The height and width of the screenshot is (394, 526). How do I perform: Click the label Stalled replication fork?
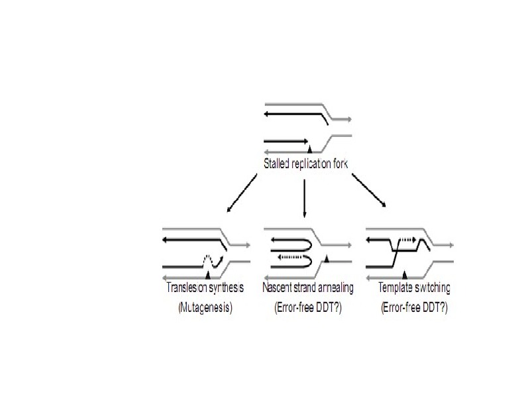coord(304,164)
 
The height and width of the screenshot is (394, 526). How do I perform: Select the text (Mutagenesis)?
coord(205,309)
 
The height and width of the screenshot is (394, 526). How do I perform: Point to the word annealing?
coord(335,288)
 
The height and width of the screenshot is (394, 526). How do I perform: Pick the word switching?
coord(432,288)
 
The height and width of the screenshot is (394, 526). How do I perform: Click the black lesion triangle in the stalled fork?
coord(309,151)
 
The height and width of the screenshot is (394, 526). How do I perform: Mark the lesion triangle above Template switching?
coord(405,273)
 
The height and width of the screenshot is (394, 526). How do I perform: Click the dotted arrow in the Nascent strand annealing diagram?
coord(293,258)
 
